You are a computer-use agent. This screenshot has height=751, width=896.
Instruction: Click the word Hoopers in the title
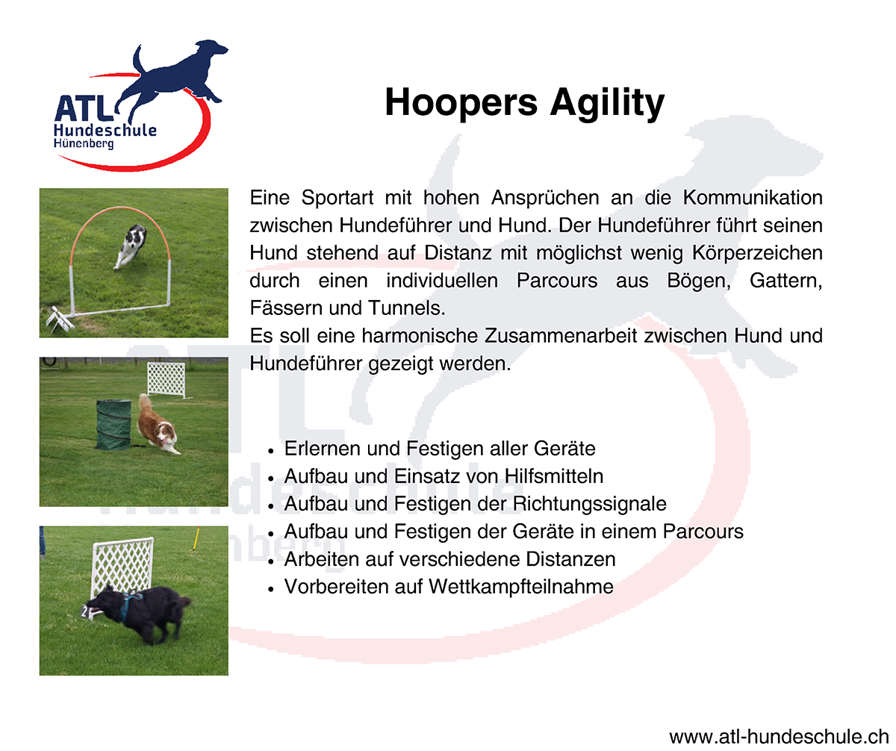pos(461,103)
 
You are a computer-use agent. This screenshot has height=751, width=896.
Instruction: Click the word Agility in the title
pos(607,104)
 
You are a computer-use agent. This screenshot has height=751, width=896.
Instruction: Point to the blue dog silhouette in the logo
pos(172,79)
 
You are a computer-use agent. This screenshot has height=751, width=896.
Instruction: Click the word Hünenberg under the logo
pos(84,143)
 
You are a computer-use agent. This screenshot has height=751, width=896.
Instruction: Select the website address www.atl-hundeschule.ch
pos(779,736)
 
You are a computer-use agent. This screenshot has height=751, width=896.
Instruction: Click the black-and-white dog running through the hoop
pos(131,247)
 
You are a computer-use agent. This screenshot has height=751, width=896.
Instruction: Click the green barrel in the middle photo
pos(113,425)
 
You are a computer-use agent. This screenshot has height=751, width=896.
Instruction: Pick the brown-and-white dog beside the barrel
pos(157,426)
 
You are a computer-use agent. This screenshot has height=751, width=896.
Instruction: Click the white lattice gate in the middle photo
pos(167,380)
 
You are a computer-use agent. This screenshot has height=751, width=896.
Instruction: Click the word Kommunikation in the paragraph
pos(753,198)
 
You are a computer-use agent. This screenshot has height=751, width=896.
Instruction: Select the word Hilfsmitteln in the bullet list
pos(554,476)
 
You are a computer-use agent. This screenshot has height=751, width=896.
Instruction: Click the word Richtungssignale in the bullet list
pos(590,504)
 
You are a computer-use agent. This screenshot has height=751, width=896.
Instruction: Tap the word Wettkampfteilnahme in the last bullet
pos(521,587)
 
